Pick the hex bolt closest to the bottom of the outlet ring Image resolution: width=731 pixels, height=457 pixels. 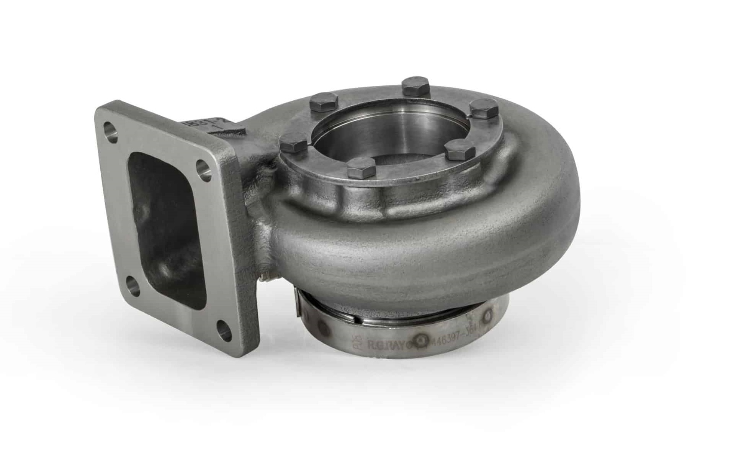361,167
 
